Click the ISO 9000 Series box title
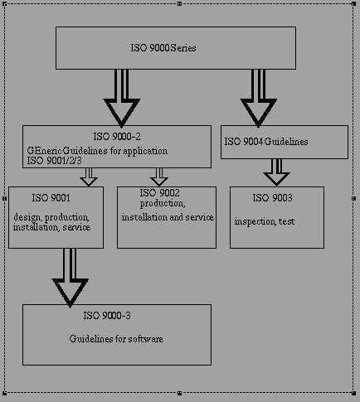(163, 48)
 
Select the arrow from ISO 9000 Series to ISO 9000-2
(121, 98)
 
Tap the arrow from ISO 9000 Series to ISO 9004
(258, 98)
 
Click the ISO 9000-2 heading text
(117, 137)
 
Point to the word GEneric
(44, 151)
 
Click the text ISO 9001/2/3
(54, 161)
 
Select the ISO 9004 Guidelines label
(266, 142)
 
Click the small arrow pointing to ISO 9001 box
(89, 177)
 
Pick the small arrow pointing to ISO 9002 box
(159, 177)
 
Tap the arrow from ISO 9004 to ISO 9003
(276, 172)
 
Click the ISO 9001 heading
(51, 198)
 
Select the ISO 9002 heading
(159, 193)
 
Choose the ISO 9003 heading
(272, 198)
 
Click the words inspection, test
(265, 221)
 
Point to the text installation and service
(168, 217)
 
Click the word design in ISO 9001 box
(28, 217)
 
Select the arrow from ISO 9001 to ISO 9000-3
(70, 278)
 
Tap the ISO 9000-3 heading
(107, 316)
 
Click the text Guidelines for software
(116, 339)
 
